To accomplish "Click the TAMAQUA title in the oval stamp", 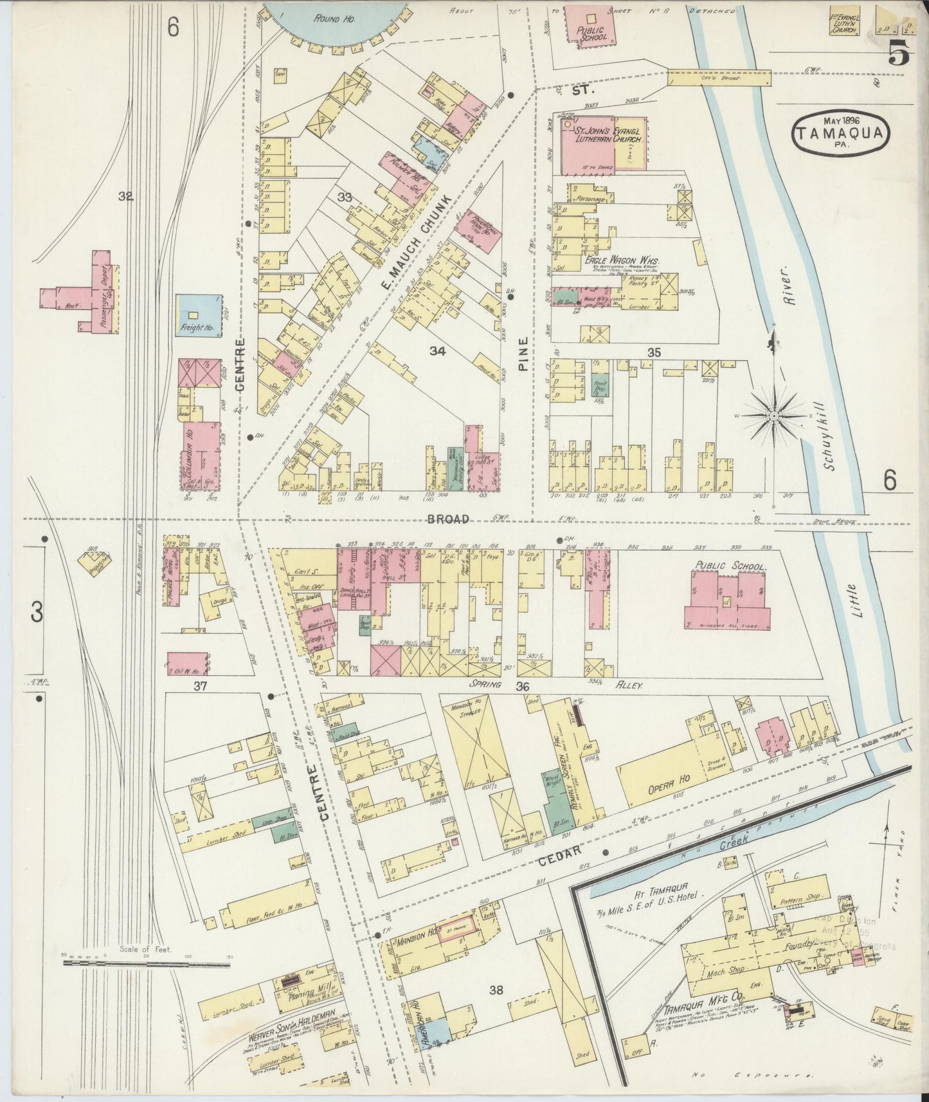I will point(844,134).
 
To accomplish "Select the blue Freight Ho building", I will point(197,316).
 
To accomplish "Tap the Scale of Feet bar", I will point(145,964).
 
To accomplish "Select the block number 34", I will point(438,350).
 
